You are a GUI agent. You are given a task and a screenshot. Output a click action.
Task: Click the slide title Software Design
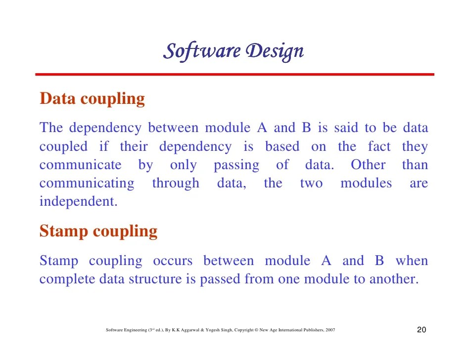point(233,51)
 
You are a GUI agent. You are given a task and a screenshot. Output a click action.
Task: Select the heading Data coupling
point(92,99)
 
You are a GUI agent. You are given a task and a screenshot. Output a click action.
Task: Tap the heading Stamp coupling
point(98,231)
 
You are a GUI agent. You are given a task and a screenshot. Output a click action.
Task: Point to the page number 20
point(421,330)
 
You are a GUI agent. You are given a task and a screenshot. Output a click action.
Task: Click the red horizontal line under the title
point(234,75)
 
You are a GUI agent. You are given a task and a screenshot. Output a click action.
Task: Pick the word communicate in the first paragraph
point(80,165)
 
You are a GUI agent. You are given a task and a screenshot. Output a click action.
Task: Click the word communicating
point(87,183)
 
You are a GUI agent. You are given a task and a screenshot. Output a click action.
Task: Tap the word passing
point(236,165)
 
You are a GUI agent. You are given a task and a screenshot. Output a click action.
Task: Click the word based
point(282,147)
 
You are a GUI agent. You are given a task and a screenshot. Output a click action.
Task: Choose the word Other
point(368,165)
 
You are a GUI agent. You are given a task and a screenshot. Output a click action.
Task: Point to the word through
point(176,183)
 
